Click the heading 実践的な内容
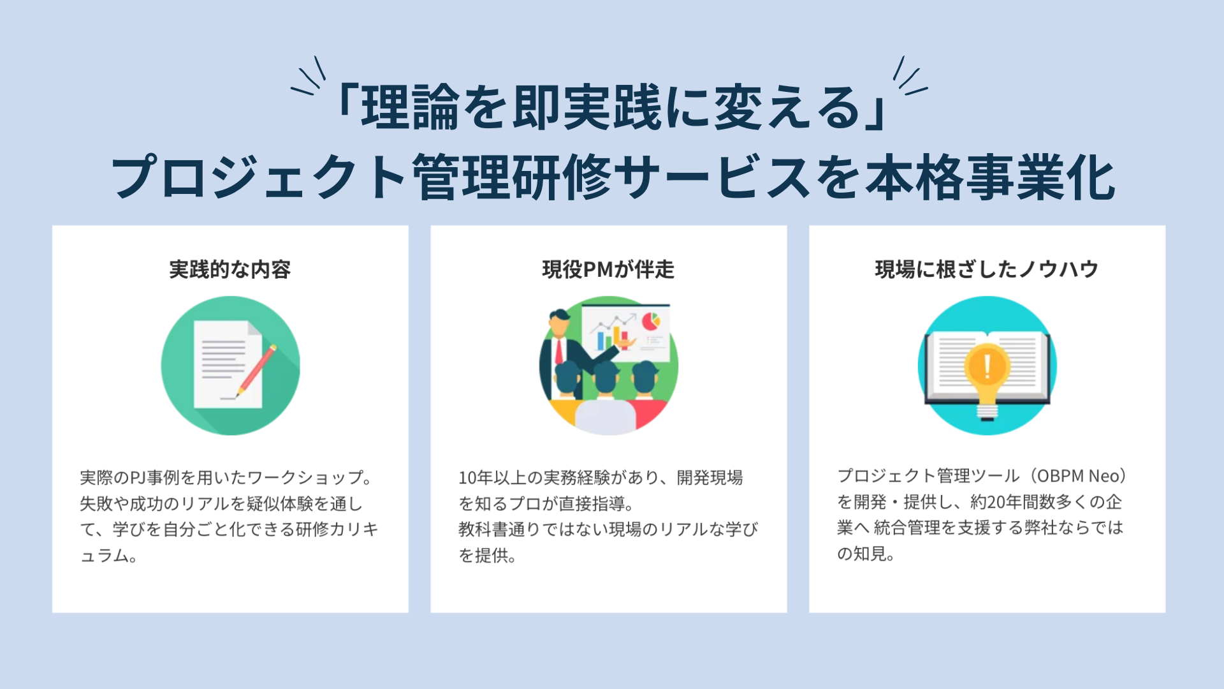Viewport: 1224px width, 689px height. point(230,269)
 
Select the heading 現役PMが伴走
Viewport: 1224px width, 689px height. point(608,269)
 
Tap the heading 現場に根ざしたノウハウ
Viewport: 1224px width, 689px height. point(987,269)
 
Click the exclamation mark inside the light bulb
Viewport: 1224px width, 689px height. point(987,366)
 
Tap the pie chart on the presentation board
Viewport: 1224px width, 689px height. point(651,320)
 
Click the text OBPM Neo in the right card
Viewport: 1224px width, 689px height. point(1081,476)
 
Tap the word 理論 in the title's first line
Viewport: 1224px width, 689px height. point(410,107)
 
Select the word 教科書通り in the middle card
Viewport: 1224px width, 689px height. point(500,530)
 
